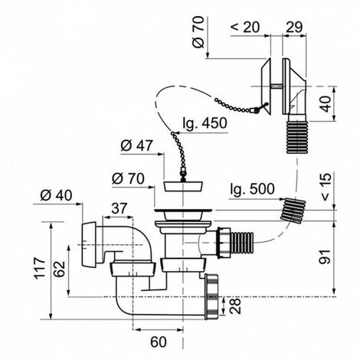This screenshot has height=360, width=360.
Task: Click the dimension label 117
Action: (x=40, y=268)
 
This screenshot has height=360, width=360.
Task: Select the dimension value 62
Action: (x=60, y=269)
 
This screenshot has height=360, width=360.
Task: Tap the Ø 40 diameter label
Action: (x=56, y=195)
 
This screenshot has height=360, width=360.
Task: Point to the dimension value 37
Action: (x=119, y=208)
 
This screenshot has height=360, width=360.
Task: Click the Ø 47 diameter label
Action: (x=137, y=146)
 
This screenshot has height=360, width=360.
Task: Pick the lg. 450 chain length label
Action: (x=205, y=123)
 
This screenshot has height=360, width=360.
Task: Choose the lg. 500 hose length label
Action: (x=252, y=189)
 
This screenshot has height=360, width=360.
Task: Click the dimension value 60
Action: (x=159, y=342)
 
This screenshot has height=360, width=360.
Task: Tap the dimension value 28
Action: (x=235, y=306)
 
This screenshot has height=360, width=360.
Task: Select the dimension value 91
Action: (x=325, y=257)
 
